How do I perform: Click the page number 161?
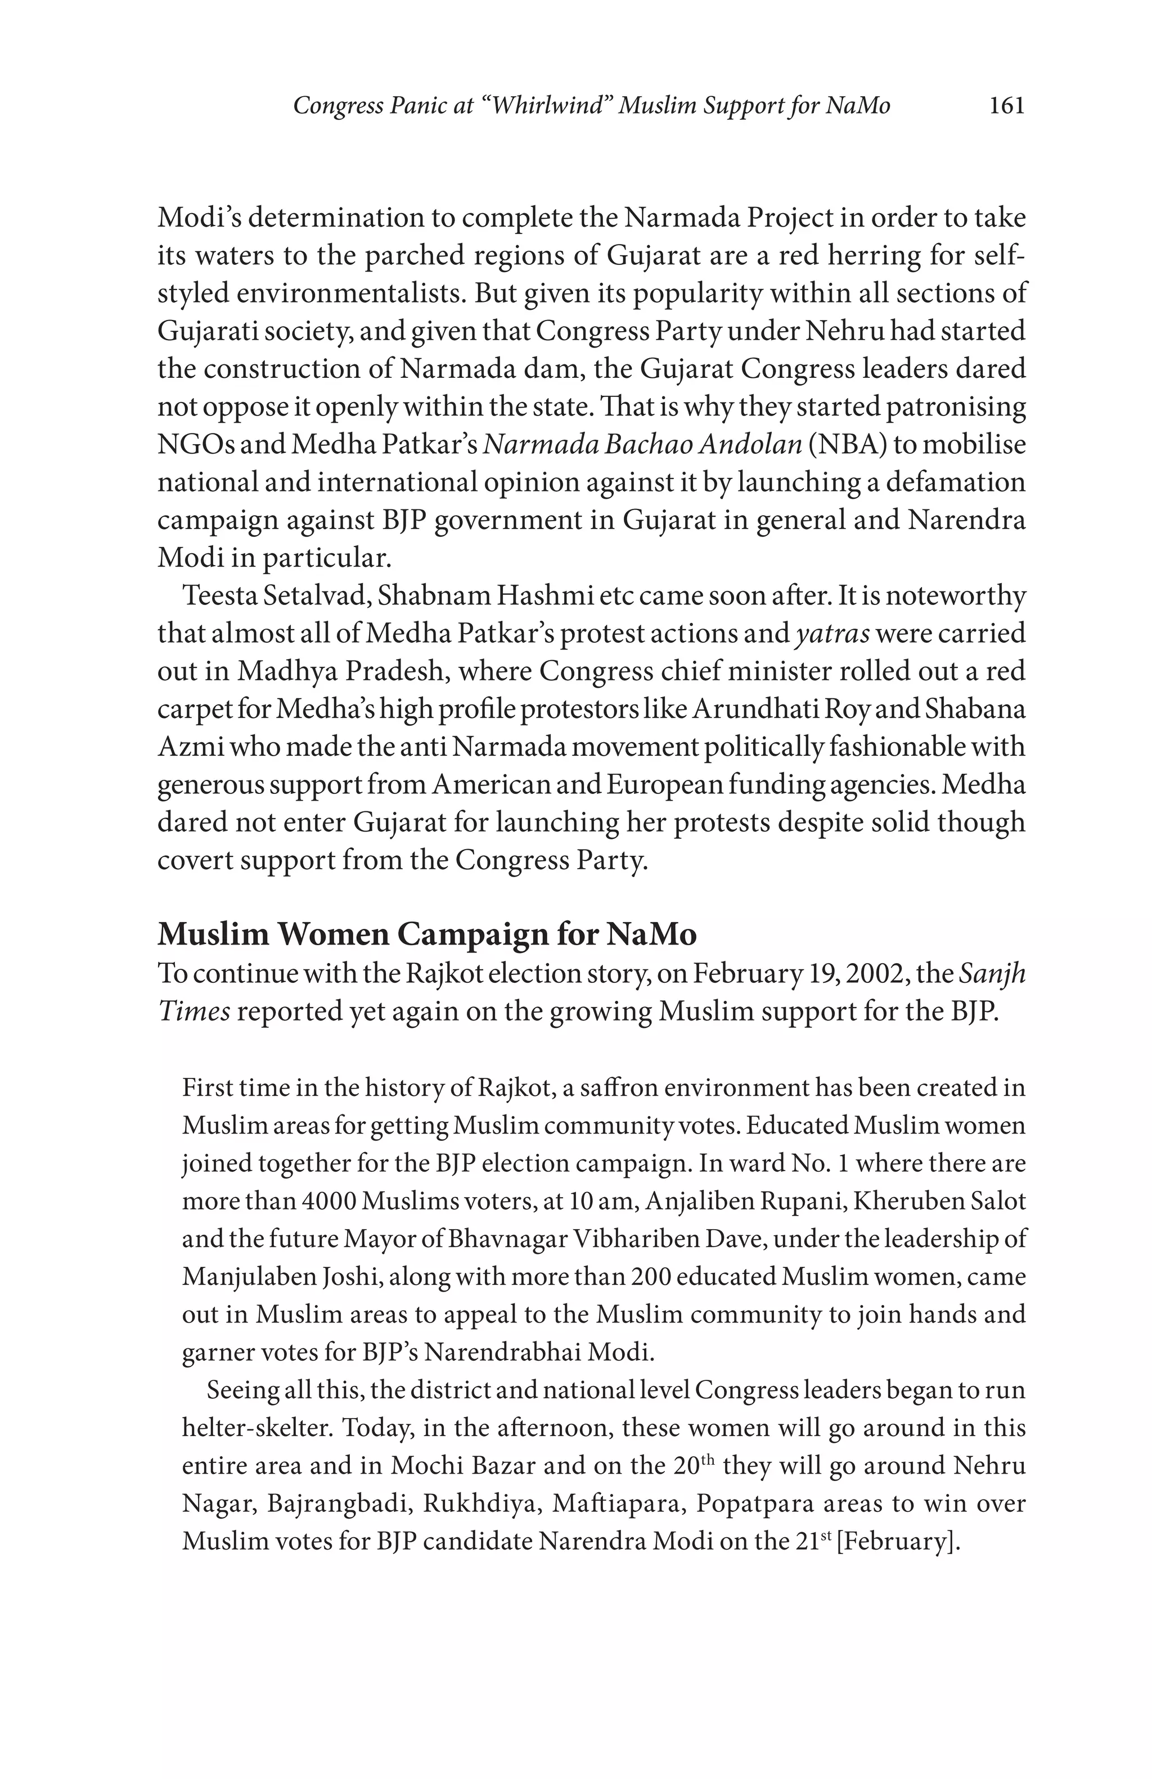point(1006,106)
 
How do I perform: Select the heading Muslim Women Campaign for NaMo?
point(427,934)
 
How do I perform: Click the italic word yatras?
point(831,634)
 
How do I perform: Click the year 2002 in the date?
point(920,974)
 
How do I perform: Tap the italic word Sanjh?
point(991,974)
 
